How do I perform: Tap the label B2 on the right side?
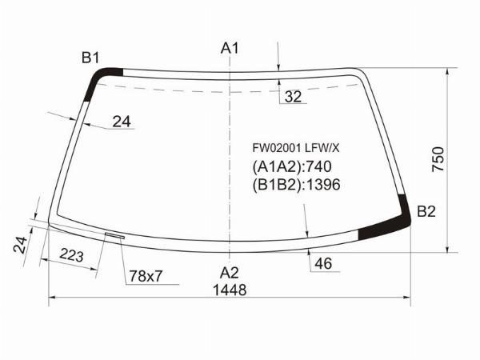click(x=426, y=212)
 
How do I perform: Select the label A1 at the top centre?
click(x=230, y=49)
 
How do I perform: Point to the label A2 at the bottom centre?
click(x=230, y=270)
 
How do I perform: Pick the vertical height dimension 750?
click(x=438, y=160)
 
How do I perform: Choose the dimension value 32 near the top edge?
click(x=294, y=98)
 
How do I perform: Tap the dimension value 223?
click(x=72, y=256)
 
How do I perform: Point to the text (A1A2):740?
click(x=291, y=166)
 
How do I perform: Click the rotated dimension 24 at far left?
click(x=22, y=244)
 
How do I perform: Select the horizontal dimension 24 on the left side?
click(x=121, y=122)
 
